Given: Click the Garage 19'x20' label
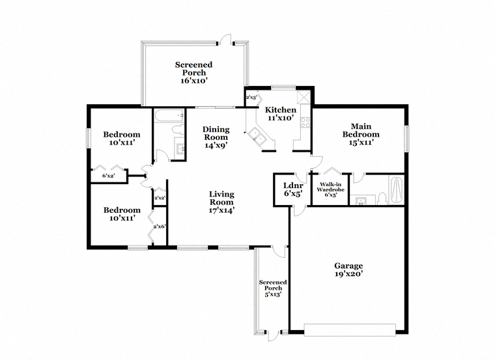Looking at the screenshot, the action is [348, 270].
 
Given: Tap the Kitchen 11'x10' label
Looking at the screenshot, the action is [280, 114].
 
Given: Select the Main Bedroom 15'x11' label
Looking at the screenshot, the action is [361, 134].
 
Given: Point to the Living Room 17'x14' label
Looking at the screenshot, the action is [221, 202].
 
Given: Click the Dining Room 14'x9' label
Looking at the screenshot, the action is [216, 137].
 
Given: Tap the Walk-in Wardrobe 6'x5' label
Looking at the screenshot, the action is [330, 189].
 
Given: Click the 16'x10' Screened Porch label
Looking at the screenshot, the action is [193, 72].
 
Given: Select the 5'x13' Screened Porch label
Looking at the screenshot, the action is [273, 288].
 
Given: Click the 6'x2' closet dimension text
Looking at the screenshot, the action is [108, 176].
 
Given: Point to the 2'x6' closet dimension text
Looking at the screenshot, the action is [160, 227].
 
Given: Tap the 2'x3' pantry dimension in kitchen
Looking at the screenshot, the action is [251, 98].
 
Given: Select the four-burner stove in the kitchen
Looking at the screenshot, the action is [305, 122].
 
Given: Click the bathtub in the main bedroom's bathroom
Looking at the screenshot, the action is [397, 190].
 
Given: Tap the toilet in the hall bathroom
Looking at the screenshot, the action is [177, 130].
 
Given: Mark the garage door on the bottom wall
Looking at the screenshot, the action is [350, 329].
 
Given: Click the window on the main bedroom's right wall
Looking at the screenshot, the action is [406, 139].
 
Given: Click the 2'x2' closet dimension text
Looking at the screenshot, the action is [160, 198].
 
